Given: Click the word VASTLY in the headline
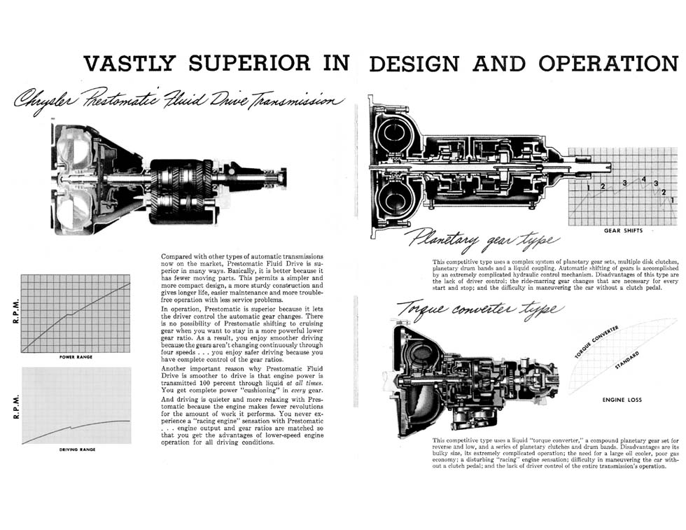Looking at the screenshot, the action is (x=129, y=64).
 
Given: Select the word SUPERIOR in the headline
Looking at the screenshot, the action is (x=250, y=64).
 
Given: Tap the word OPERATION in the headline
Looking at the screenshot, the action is (x=608, y=64).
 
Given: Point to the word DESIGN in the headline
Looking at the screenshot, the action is (x=414, y=64).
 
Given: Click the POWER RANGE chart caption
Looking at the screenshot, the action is (x=76, y=357).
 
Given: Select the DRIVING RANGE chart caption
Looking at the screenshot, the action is (x=77, y=449).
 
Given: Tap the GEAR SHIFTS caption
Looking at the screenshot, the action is (x=623, y=230).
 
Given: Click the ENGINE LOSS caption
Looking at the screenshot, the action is (x=622, y=400).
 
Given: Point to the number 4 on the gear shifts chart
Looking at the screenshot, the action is (x=643, y=179).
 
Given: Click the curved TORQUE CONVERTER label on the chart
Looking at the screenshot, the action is (x=596, y=342).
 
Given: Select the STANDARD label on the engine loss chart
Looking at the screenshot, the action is (x=627, y=360).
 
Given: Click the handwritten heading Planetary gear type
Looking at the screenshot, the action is (x=482, y=240).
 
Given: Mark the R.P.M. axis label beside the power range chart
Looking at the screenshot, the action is (x=16, y=312).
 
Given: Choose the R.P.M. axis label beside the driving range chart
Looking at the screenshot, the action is (x=16, y=407).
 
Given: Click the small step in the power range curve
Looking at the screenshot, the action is (x=69, y=314).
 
